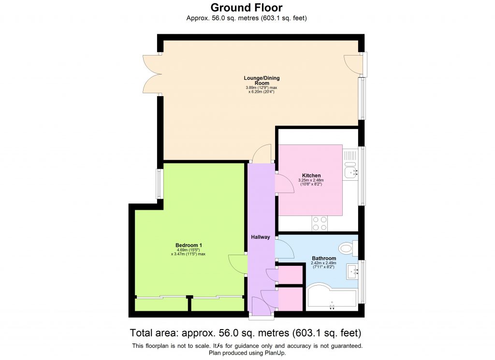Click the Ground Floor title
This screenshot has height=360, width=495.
247,7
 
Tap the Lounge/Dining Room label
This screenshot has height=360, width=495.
262,80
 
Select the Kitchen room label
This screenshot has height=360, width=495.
311,175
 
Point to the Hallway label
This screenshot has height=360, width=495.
261,237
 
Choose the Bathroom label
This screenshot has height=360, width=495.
324,259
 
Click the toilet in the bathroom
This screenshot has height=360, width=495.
346,249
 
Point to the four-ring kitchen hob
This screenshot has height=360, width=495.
320,223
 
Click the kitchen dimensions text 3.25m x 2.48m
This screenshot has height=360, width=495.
311,181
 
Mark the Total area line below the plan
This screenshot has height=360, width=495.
246,333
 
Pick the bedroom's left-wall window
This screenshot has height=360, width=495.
159,184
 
